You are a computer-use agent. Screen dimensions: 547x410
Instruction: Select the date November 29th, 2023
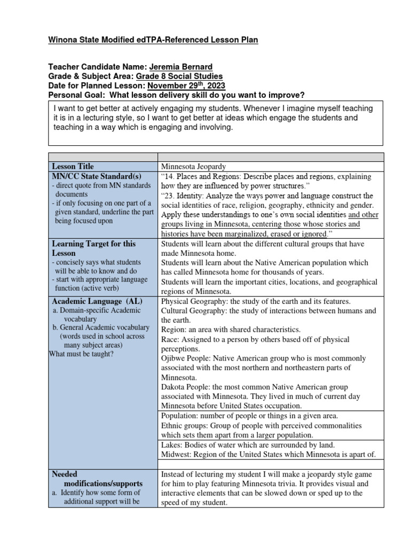click(186, 85)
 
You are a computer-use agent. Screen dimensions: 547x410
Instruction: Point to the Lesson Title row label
click(73, 167)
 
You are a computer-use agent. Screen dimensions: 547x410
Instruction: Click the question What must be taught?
click(81, 354)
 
